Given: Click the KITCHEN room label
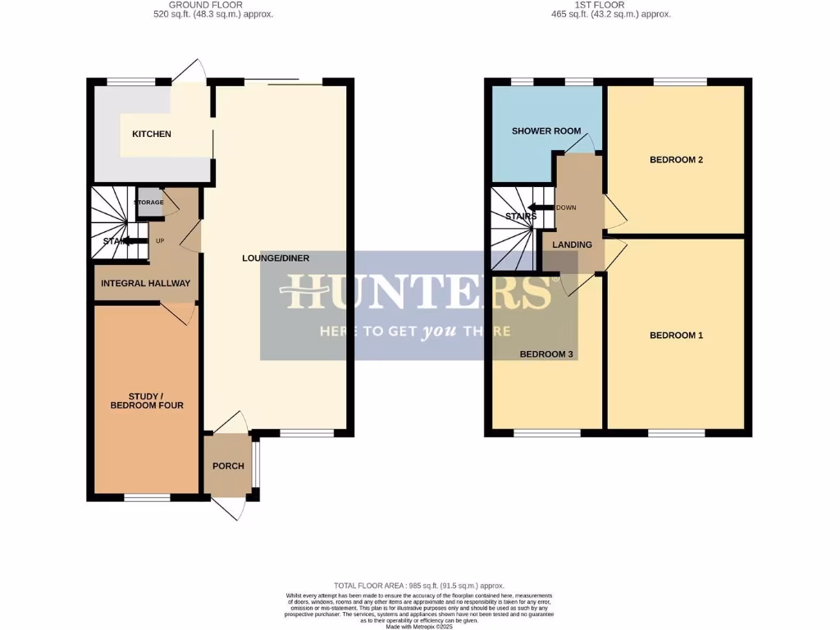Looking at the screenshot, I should tap(152, 134).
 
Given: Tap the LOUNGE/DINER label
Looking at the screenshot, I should tap(276, 258).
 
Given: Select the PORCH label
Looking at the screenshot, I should tap(228, 466).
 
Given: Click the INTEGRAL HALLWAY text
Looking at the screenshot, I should tap(145, 283).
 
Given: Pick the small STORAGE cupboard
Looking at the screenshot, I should tap(149, 203).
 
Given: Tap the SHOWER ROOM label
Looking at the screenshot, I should tap(546, 131).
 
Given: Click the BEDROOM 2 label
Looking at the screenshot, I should tap(677, 160).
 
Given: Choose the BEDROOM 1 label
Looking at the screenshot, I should tap(677, 335).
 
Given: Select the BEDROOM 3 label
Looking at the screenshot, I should tap(546, 354).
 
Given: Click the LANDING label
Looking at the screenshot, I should tap(572, 244).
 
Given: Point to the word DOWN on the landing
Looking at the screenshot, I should tap(566, 208).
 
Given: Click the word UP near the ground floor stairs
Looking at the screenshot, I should tap(161, 241).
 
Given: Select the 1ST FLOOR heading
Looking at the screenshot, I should tap(610, 5).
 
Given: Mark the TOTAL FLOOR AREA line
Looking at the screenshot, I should tap(419, 585).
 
